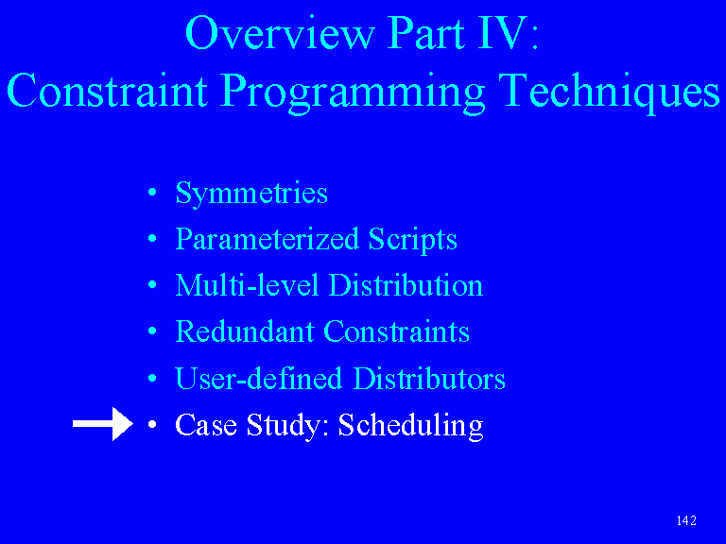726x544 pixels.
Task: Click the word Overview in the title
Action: click(x=280, y=32)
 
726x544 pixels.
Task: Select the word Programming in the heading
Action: click(x=353, y=92)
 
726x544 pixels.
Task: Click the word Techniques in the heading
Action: click(x=610, y=91)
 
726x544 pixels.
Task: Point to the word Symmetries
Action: click(x=251, y=193)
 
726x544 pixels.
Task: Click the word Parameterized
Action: click(x=268, y=239)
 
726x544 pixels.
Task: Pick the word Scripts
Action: click(x=412, y=239)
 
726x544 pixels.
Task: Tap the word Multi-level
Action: click(x=247, y=285)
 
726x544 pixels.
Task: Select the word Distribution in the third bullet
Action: click(x=406, y=285)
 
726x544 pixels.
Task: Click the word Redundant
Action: click(x=245, y=331)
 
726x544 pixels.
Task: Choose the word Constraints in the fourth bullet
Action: click(x=396, y=331)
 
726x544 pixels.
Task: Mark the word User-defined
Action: click(x=258, y=378)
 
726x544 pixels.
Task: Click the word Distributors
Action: click(x=429, y=378)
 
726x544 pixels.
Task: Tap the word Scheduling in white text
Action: click(x=410, y=425)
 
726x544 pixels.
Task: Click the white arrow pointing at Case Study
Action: click(x=103, y=424)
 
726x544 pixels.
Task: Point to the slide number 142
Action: click(x=686, y=520)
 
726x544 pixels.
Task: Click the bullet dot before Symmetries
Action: click(x=152, y=193)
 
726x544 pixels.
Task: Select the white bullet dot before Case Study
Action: click(x=152, y=424)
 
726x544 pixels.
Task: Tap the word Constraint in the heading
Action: click(x=108, y=91)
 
